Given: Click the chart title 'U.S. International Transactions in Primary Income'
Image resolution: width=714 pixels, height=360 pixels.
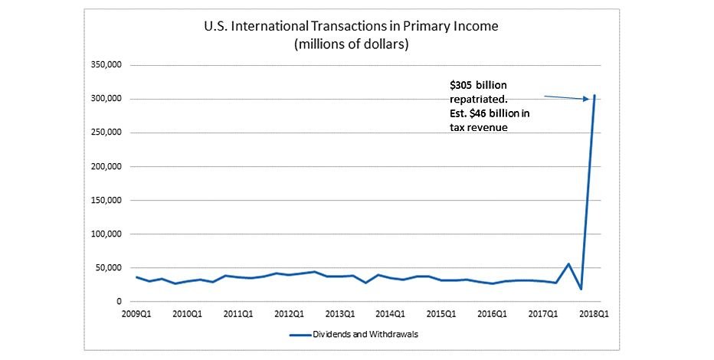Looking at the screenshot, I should [351, 27].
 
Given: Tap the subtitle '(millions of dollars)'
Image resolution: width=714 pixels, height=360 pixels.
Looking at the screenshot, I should [351, 44].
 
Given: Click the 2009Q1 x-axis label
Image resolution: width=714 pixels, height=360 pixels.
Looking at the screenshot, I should [136, 313].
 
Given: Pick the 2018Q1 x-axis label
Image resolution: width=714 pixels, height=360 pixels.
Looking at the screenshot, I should [594, 313].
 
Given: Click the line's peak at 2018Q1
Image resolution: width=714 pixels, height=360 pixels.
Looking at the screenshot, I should [594, 96].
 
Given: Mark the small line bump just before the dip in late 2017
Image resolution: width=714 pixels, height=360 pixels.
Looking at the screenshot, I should [568, 264].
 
